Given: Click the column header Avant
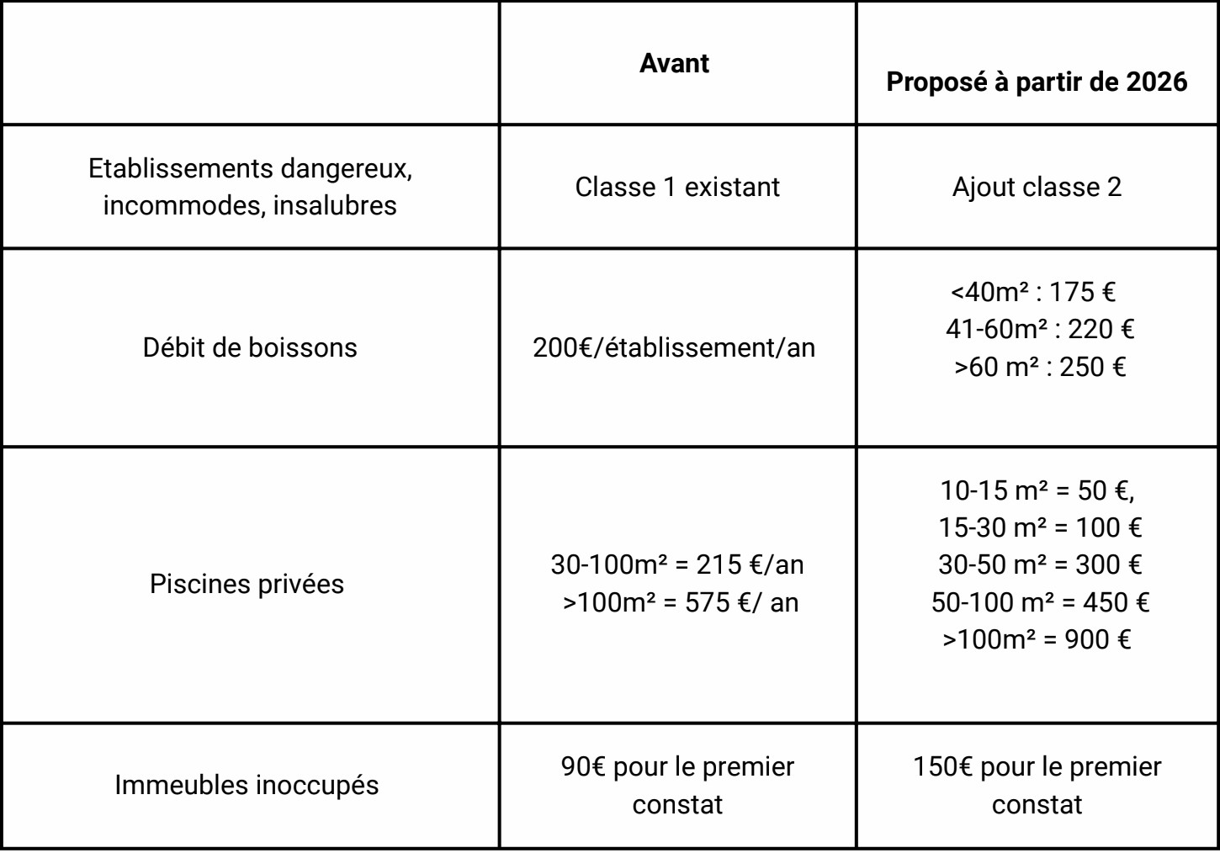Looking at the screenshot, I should tap(674, 64).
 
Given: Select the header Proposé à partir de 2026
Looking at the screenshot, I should tap(1037, 82).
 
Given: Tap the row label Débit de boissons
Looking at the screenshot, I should tap(250, 347).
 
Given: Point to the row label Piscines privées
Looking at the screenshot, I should tap(247, 584).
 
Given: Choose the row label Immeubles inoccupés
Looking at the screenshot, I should tap(247, 785).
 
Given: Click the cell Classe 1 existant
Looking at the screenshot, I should tap(677, 187).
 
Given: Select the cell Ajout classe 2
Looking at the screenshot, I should tap(1037, 187).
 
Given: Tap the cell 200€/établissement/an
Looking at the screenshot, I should tap(674, 347).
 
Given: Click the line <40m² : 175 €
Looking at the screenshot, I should tap(1033, 292).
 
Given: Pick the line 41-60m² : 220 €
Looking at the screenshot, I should tap(1039, 329).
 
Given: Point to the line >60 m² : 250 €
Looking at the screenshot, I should tap(1039, 367).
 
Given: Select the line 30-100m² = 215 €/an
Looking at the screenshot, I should tap(677, 564).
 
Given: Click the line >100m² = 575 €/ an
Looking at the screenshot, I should tap(680, 602).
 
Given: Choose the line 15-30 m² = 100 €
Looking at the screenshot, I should tap(1040, 527).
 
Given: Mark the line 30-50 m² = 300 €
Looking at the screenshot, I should tap(1040, 564).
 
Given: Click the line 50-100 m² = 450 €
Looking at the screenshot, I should tap(1040, 602).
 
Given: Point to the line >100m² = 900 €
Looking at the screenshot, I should tap(1037, 639).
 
